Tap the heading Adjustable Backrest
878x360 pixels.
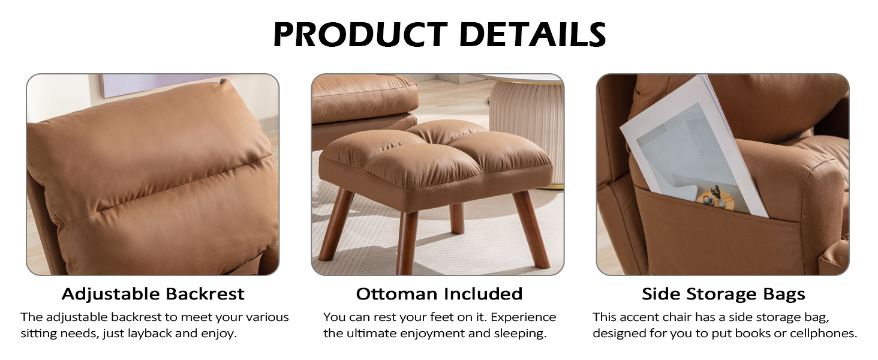point(153,294)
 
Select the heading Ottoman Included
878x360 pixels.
point(439,294)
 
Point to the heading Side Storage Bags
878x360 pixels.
point(723,294)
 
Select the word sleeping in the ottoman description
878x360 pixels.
point(519,334)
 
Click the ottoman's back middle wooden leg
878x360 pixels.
point(457,219)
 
